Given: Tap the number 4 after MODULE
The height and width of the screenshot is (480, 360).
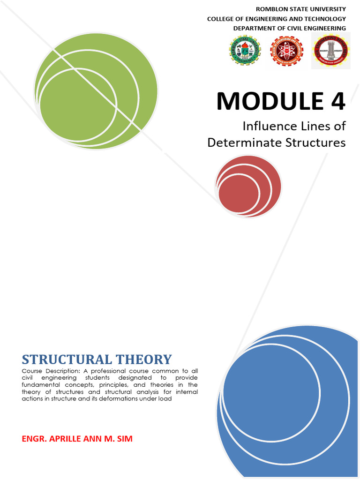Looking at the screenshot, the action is pos(336,101).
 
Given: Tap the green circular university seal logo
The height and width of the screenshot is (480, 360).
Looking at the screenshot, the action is pos(245,51).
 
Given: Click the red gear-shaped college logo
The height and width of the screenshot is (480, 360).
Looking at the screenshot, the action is pos(286,51).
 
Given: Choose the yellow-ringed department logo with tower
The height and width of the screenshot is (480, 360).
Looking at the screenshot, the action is pos(330,51).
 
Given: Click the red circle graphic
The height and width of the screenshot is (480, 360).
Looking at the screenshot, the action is pos(248,187).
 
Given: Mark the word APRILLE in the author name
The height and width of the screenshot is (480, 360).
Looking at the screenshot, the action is pos(65,439).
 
